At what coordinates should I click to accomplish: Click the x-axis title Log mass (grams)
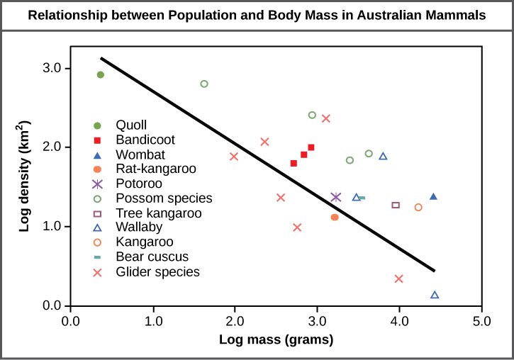coord(276,339)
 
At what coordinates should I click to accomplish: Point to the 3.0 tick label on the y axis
coord(53,69)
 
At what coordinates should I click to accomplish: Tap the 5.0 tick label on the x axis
coord(482,321)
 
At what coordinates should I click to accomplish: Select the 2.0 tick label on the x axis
coord(235,321)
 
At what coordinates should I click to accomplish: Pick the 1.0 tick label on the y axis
coord(53,227)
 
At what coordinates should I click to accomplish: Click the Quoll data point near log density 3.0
coord(101,75)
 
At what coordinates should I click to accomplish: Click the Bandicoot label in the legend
coord(145,140)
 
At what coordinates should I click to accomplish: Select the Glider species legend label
coord(157,271)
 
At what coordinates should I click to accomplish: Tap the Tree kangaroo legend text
coord(158,213)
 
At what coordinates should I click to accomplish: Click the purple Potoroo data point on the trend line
coord(336,197)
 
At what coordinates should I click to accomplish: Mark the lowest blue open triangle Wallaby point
coord(435,295)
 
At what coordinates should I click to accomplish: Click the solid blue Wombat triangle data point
coord(433,196)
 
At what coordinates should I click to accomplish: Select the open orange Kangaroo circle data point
coord(418,208)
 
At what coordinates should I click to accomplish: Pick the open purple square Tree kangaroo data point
coord(396,206)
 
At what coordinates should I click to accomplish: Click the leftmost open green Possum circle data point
coord(204,84)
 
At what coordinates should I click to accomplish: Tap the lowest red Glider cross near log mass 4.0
coord(398,279)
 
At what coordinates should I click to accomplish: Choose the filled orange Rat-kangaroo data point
coord(335,217)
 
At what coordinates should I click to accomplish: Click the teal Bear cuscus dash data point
coord(362,198)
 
